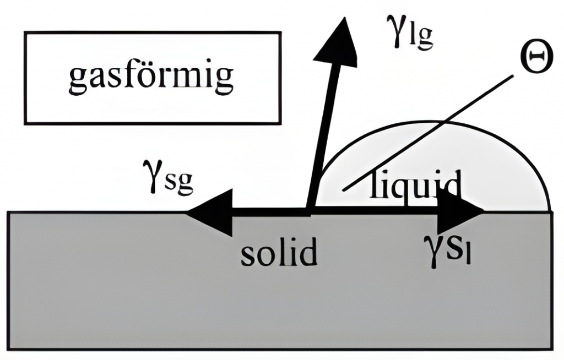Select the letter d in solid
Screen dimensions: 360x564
tap(309, 251)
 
